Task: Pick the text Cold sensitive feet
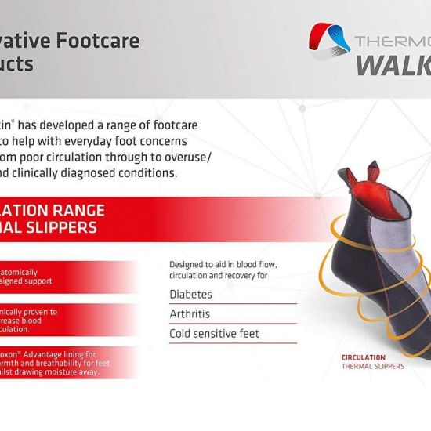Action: pos(215,334)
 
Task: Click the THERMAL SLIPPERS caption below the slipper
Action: pos(373,366)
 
